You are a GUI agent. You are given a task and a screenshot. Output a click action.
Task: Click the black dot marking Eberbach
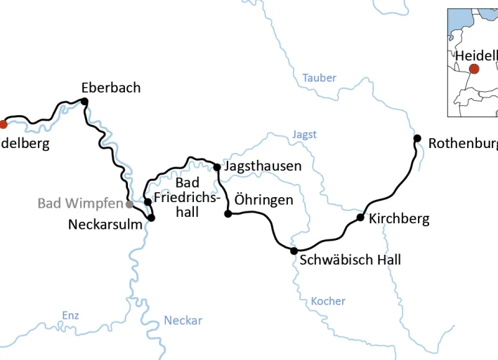point(84,102)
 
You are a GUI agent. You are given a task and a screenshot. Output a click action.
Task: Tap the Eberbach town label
point(110,88)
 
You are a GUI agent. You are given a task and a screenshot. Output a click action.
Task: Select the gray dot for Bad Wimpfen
point(129,204)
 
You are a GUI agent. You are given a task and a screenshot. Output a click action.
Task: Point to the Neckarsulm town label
point(105,225)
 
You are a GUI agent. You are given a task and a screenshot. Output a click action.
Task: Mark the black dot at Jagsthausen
point(217,167)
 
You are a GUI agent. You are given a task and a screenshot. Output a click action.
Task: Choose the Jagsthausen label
point(263,166)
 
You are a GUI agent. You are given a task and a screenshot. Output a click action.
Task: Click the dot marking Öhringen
point(228,213)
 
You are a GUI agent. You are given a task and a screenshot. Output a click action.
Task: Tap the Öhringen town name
point(263,200)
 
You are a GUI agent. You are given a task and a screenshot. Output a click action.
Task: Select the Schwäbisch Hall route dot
point(294,251)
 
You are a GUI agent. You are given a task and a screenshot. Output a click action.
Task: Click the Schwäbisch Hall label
point(350,260)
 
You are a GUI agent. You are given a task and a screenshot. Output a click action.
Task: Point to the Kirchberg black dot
point(360,218)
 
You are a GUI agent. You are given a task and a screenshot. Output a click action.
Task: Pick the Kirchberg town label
point(398,218)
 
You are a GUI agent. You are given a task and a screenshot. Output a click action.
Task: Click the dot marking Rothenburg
point(417,138)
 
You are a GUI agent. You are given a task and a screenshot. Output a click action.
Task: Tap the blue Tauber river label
point(320,78)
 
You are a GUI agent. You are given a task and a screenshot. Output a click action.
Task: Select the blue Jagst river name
point(304,134)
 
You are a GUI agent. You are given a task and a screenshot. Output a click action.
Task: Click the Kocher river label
point(328,301)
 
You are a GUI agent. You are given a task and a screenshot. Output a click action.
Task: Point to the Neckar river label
point(183,321)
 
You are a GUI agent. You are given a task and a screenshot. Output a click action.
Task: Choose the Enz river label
point(70,315)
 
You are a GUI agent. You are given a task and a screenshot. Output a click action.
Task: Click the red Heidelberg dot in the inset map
point(474,69)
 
